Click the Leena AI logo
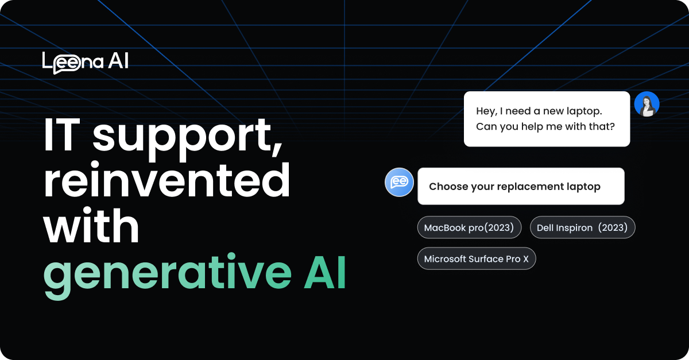(x=85, y=62)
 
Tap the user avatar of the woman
(x=647, y=104)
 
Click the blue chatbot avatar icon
(x=399, y=183)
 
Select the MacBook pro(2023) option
(x=469, y=227)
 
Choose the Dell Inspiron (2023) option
(x=582, y=227)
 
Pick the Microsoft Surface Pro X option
(x=476, y=259)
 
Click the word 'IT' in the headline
(x=63, y=137)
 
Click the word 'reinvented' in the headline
(x=167, y=181)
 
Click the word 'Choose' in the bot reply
(x=448, y=186)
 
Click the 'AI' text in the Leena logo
(x=118, y=61)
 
